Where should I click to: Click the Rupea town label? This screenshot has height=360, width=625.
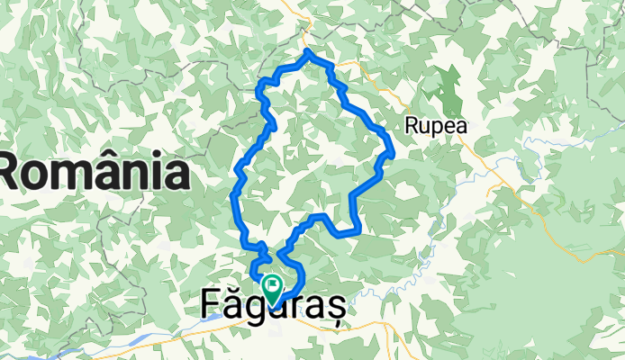pos(437,127)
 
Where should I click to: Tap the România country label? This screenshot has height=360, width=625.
pos(94,171)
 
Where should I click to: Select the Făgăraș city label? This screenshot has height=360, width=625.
pos(270,306)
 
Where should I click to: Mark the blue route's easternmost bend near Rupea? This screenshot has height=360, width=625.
pos(394,151)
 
